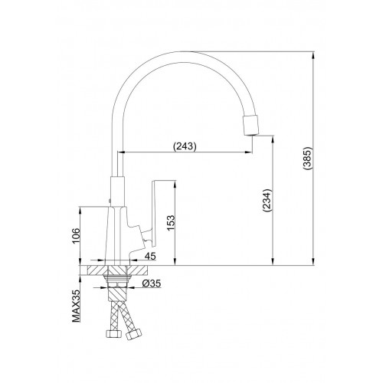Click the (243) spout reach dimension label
pos(185,146)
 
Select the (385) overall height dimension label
pos(307,158)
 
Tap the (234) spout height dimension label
pos(267,201)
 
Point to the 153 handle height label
pos(171,223)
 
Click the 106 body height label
pos(76,236)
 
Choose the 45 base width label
pos(150,256)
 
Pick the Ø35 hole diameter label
pos(152,283)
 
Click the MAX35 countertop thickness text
pos(76,306)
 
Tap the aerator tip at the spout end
pos(250,125)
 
